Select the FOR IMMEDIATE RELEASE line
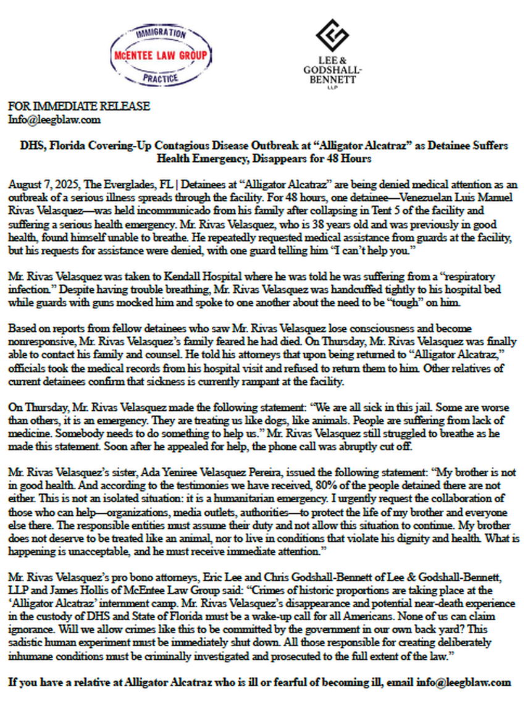[78, 107]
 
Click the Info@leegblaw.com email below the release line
[54, 120]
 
